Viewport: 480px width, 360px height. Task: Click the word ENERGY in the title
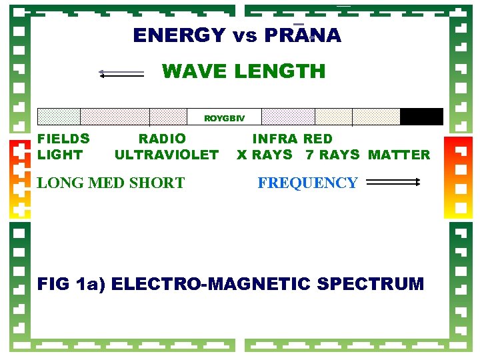179,35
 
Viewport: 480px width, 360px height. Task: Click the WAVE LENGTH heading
243,71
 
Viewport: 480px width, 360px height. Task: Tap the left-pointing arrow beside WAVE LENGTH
121,73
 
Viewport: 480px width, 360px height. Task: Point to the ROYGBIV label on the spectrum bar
224,118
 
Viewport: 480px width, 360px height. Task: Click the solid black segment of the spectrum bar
421,117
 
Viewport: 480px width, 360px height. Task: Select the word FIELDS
63,139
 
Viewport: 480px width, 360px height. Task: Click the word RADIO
162,139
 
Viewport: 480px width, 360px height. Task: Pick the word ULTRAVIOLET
166,155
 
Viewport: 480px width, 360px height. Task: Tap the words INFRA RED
292,139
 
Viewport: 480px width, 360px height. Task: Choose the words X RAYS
265,155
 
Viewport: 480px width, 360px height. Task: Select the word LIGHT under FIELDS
60,155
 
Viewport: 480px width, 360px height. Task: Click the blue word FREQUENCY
307,183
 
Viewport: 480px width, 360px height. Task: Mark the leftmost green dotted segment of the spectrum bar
59,117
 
